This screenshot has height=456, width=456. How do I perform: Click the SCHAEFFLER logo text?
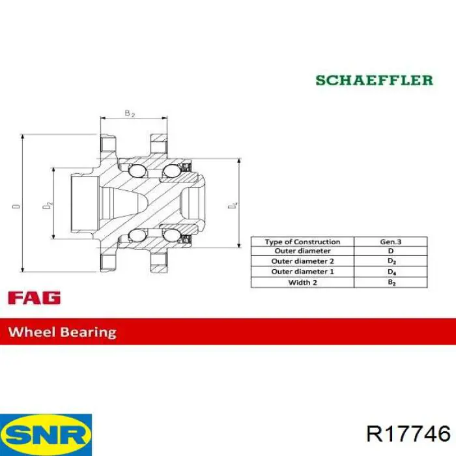(375, 80)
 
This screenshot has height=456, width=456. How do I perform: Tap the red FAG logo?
(35, 298)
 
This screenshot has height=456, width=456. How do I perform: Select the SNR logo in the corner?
(46, 435)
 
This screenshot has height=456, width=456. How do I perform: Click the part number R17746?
(408, 435)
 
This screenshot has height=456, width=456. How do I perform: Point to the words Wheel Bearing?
(63, 332)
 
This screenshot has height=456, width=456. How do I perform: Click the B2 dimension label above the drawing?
(130, 113)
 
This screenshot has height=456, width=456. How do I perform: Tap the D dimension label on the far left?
(16, 207)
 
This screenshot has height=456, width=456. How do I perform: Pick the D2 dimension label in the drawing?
(48, 205)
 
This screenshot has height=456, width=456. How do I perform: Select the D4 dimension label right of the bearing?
(233, 205)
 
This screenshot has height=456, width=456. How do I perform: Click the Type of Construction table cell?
(302, 242)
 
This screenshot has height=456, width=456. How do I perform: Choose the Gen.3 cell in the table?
(391, 242)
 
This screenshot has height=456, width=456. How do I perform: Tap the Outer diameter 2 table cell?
(302, 261)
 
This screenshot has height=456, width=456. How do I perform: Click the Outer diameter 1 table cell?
(302, 272)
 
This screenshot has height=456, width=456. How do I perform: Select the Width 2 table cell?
(302, 282)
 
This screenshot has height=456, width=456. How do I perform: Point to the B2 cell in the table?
(391, 282)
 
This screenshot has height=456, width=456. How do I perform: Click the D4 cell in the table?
(391, 272)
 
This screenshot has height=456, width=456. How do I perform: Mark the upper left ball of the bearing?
(137, 171)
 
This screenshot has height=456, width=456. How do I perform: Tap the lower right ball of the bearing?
(171, 235)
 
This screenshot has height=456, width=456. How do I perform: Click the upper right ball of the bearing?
(171, 171)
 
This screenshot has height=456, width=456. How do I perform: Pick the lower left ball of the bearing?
(137, 235)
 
